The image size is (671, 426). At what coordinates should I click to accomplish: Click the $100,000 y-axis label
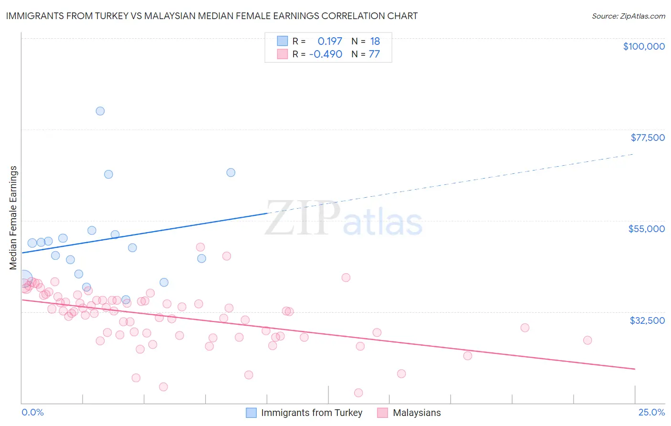pos(643,46)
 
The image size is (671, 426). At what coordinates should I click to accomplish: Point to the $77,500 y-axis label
pos(647,138)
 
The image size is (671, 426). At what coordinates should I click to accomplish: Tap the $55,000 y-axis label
pos(646,229)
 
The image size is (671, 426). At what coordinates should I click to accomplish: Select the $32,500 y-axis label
pos(647,320)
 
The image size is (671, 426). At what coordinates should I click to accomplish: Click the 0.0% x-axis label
pos(32,412)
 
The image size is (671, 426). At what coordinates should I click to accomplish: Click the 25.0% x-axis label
pos(651,412)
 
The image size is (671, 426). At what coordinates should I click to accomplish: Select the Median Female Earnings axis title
pos(13,218)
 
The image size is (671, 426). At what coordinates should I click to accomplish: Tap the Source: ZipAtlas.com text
pos(628,16)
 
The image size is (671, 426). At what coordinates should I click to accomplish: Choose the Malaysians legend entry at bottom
pos(416,413)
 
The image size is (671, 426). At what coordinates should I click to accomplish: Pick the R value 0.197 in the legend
pos(330,42)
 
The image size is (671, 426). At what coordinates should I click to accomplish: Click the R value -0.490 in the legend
pos(325,54)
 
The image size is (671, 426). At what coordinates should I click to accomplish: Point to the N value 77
pos(374,54)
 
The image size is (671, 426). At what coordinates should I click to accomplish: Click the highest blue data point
pos(100,111)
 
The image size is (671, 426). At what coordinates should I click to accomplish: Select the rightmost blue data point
pos(231,172)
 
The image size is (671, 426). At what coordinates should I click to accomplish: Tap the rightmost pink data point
pos(587,340)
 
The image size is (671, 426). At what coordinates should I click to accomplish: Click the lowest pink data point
pos(358,393)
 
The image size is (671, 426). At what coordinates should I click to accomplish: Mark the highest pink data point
pos(200,247)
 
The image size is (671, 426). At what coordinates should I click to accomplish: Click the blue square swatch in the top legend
pos(283,41)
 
